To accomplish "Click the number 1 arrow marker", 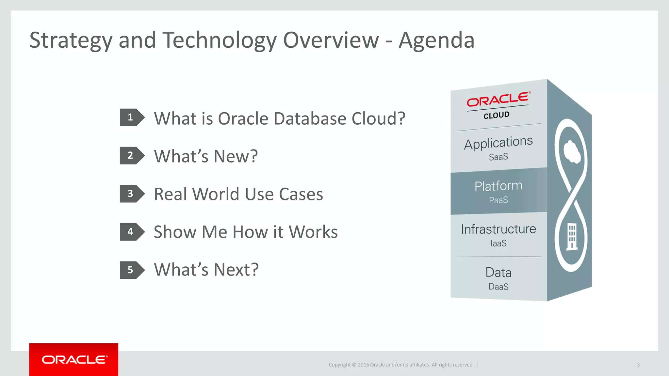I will click(x=132, y=117).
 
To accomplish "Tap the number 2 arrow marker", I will click(x=132, y=155).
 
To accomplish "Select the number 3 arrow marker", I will click(x=132, y=194).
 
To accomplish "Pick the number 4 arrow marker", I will click(x=132, y=232).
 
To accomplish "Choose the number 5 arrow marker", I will click(x=132, y=270).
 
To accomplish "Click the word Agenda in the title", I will click(x=436, y=40).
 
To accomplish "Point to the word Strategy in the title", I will click(x=71, y=40).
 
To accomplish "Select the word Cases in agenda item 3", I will click(x=301, y=194).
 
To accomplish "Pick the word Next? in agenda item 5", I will click(x=236, y=270).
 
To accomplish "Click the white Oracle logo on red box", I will click(x=74, y=360).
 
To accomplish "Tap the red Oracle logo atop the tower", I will click(x=498, y=100).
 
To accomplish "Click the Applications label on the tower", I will click(x=498, y=143).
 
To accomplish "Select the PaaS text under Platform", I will click(x=498, y=200).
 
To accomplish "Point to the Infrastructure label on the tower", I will click(x=498, y=229).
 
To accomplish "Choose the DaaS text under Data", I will click(x=498, y=287).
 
